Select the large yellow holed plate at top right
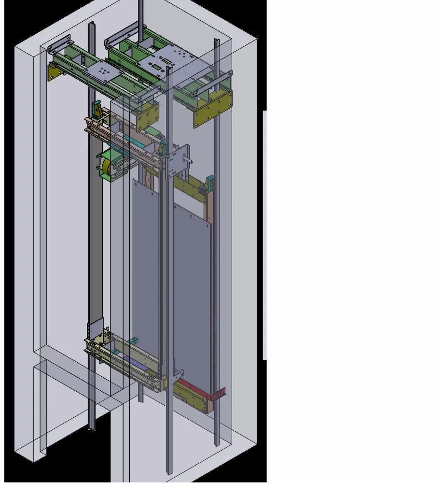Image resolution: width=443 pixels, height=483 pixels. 212,111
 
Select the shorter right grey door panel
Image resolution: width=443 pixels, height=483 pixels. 192,290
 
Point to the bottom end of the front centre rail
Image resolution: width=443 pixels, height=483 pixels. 169,470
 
